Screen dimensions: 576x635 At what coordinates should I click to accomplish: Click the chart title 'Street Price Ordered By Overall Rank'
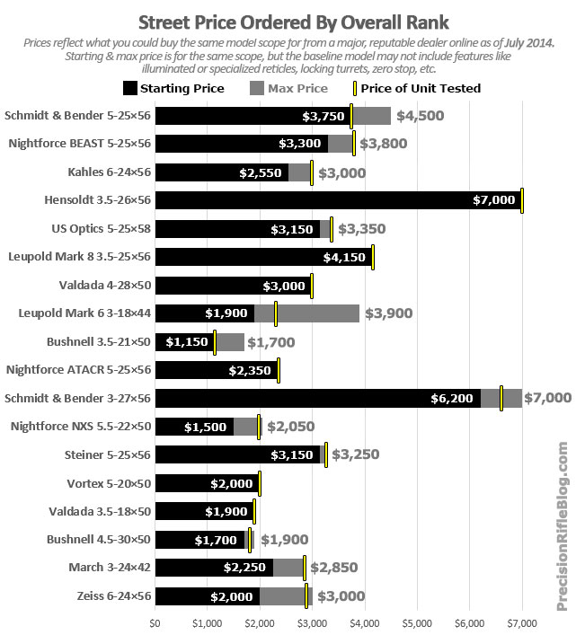point(294,22)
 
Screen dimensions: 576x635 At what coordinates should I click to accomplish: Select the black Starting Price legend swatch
point(130,88)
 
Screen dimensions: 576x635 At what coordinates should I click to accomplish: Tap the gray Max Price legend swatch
point(257,88)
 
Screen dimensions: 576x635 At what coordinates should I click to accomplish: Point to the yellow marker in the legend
point(355,88)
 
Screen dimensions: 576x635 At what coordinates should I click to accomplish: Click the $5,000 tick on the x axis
point(417,623)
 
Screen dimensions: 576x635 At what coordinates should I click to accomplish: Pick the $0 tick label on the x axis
point(155,623)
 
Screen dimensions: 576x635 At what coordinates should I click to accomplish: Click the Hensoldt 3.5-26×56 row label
point(97,200)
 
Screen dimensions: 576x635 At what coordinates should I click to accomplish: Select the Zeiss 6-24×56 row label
point(114,596)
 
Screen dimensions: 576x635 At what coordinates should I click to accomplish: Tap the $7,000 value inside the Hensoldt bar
point(493,200)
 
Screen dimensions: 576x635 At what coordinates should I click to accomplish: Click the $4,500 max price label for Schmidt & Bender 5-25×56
point(420,116)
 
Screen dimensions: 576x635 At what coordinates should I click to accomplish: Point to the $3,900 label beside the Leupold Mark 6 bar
point(389,313)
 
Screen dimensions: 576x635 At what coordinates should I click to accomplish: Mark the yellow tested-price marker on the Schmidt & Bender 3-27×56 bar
point(501,398)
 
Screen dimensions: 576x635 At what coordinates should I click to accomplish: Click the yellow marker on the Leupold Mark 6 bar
point(276,313)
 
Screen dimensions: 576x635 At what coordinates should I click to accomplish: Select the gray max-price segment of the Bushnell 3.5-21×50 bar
point(230,342)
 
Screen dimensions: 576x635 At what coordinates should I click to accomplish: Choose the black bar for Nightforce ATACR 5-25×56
point(217,370)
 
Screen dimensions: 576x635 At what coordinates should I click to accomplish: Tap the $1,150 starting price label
point(187,342)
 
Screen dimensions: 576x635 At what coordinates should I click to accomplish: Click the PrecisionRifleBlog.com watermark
point(563,526)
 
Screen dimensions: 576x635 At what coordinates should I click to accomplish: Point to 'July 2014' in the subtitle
point(528,43)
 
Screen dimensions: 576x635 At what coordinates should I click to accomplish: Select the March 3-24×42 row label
point(110,568)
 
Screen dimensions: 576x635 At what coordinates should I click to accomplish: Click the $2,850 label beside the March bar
point(334,568)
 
